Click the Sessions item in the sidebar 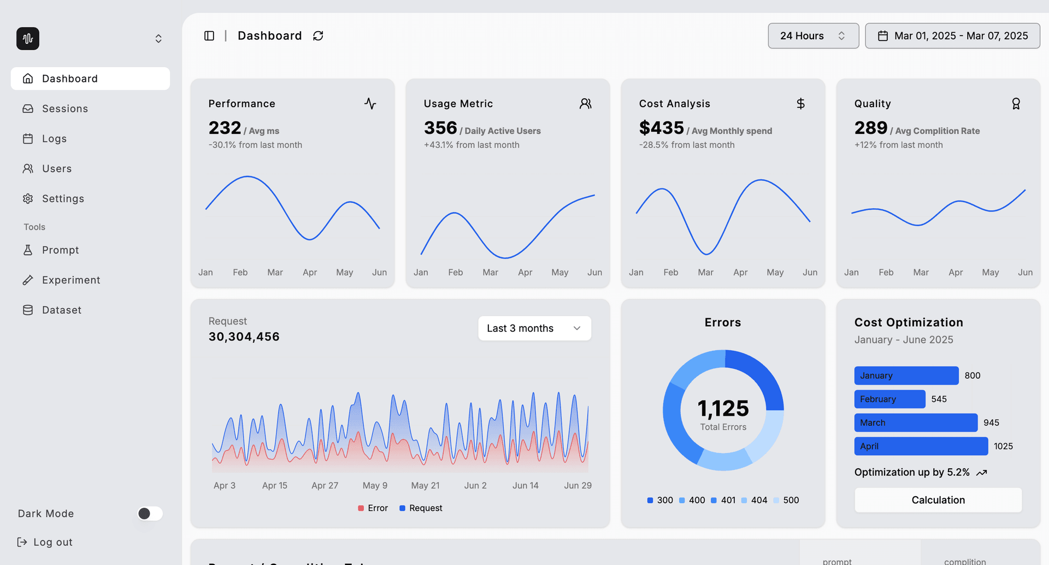(x=64, y=109)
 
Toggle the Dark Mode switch (x=150, y=514)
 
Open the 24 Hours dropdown (x=813, y=36)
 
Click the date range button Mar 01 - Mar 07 (x=952, y=36)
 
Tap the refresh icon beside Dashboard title (x=318, y=36)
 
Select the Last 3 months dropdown (x=534, y=328)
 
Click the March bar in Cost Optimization (x=915, y=423)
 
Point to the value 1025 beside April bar (x=1003, y=446)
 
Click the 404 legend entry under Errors (x=755, y=500)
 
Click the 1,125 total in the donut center (x=723, y=409)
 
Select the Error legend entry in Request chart (x=373, y=508)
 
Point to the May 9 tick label (x=375, y=485)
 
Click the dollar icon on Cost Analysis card (x=800, y=104)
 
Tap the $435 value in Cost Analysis (x=661, y=128)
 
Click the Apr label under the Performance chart (x=310, y=272)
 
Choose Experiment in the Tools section (x=71, y=280)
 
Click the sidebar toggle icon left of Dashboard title (x=209, y=36)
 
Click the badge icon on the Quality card (x=1016, y=104)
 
